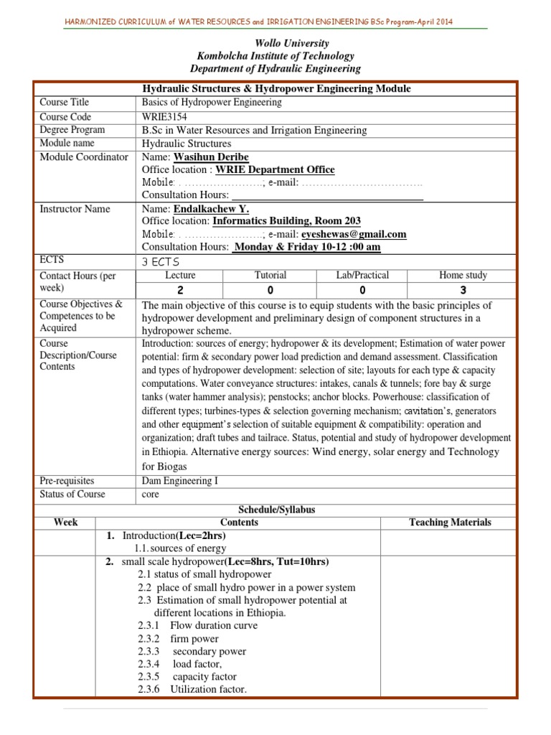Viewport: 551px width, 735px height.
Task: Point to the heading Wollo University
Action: (x=275, y=43)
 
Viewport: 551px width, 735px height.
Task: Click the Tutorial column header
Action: (x=270, y=275)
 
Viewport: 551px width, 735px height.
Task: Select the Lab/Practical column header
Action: (x=362, y=275)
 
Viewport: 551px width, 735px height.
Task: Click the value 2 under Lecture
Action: (x=180, y=290)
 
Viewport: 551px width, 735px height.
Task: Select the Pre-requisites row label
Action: (x=67, y=481)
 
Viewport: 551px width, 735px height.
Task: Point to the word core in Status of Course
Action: (x=151, y=495)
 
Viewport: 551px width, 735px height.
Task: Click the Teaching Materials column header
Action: (x=450, y=522)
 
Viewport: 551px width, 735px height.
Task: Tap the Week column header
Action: (x=65, y=522)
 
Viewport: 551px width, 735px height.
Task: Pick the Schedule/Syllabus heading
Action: (x=275, y=509)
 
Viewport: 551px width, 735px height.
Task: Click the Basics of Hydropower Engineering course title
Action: (x=212, y=103)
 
